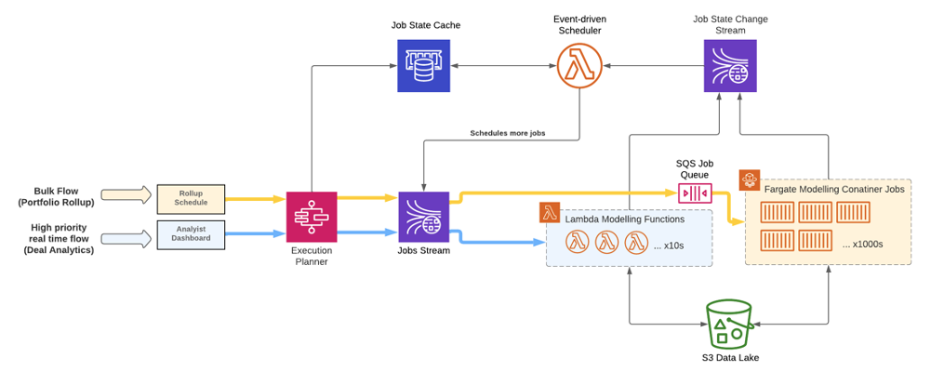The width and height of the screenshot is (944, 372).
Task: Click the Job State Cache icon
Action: pos(423,67)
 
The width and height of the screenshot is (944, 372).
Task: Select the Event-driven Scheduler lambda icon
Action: pos(580,67)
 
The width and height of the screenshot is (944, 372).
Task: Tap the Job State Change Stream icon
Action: pos(729,67)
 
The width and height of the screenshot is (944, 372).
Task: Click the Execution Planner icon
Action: pos(312,217)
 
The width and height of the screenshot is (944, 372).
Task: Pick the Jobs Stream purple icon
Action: pos(423,217)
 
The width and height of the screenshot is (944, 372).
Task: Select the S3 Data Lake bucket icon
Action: pos(728,324)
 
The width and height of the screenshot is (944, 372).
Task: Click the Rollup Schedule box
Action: pos(191,197)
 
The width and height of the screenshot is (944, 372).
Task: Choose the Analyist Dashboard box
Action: pos(191,233)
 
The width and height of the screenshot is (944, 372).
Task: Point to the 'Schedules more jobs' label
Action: pos(507,133)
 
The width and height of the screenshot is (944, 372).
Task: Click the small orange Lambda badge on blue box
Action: pos(550,212)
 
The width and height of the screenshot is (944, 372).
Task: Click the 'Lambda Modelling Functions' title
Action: pos(625,219)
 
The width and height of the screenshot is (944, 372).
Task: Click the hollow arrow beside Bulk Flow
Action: pos(125,195)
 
